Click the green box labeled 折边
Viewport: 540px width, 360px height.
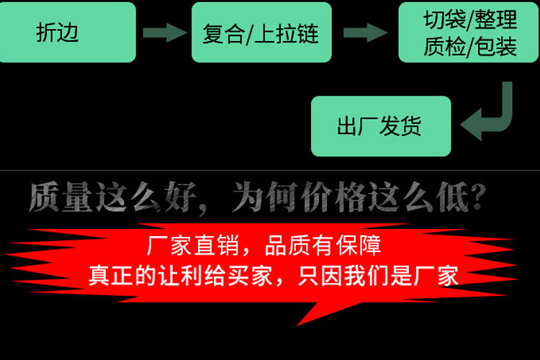pos(68,32)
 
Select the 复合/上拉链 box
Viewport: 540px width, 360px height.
pos(261,32)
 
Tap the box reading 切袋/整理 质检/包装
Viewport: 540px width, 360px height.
pos(469,32)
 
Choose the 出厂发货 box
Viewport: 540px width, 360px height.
pos(380,127)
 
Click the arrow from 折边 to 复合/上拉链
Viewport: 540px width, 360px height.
pos(164,32)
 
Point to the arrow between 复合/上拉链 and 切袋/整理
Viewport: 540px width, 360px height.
pos(365,32)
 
